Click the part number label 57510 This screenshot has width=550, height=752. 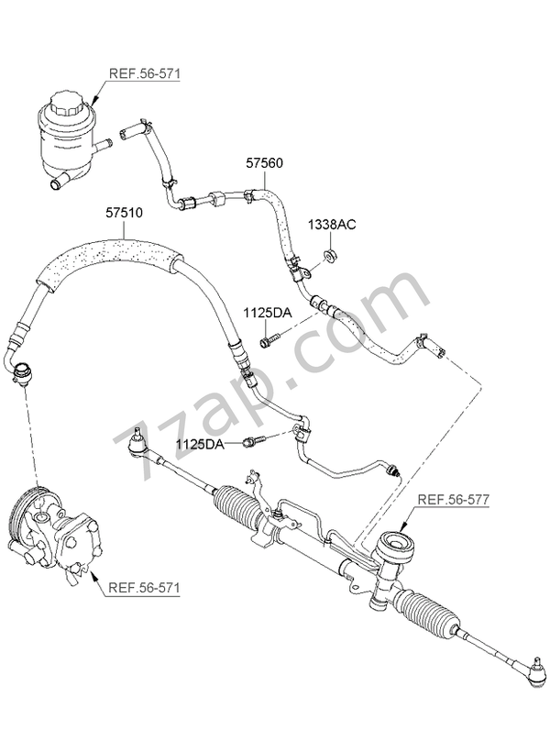click(124, 212)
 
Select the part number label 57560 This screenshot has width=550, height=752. click(264, 163)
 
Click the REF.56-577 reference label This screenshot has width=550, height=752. click(454, 500)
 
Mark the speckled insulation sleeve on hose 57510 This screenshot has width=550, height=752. click(110, 252)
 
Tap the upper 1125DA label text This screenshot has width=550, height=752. click(267, 313)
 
